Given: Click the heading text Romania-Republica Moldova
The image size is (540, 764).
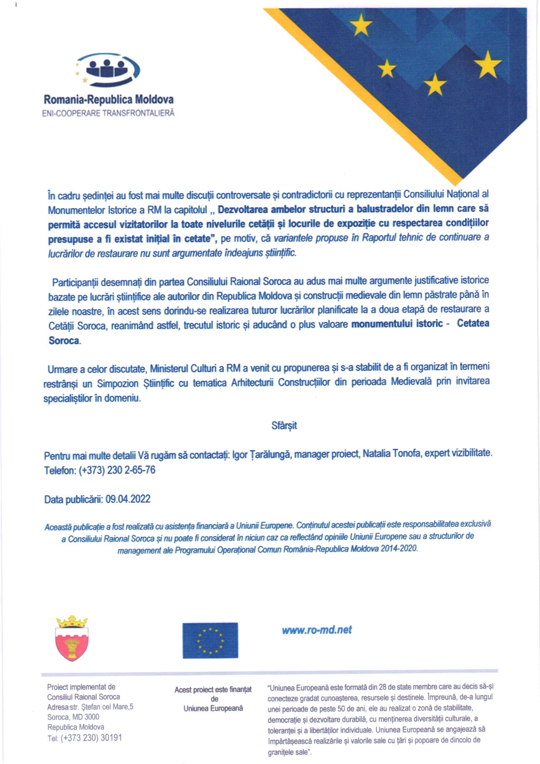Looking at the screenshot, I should (x=108, y=99).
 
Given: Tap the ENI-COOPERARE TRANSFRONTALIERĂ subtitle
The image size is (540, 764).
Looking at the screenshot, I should (x=108, y=113).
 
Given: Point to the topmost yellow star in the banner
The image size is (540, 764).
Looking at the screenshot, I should (x=360, y=26).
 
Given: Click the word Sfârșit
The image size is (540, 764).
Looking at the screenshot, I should (x=284, y=425).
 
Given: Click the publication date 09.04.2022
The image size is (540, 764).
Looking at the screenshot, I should (x=128, y=499).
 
